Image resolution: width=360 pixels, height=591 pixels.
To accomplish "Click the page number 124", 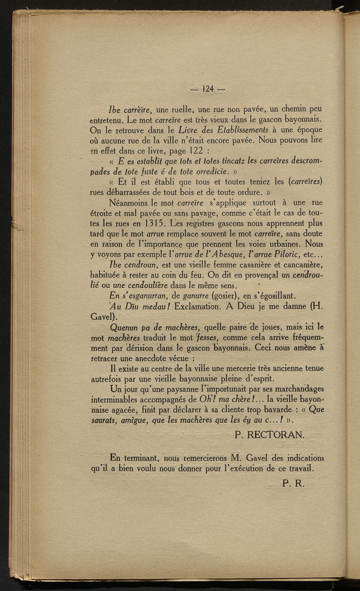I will (209, 89).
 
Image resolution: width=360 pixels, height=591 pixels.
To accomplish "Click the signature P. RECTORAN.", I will (270, 435).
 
